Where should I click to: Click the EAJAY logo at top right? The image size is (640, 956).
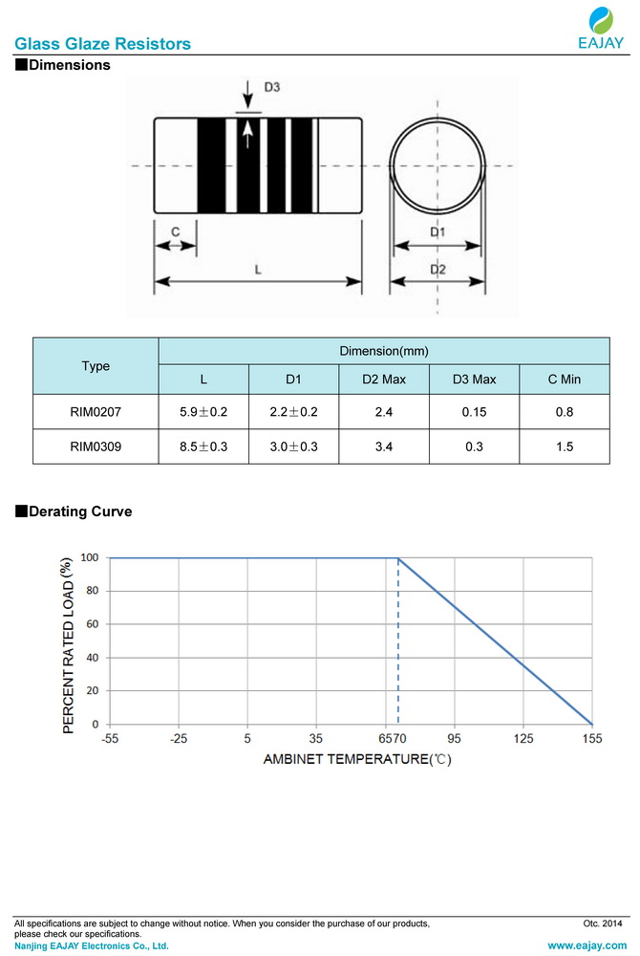[602, 29]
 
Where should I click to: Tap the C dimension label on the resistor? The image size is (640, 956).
[175, 232]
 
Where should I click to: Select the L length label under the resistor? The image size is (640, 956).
[258, 270]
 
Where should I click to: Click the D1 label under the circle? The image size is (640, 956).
[437, 232]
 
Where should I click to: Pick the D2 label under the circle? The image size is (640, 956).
[437, 270]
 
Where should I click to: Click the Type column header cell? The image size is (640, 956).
[96, 366]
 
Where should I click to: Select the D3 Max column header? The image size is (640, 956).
[474, 380]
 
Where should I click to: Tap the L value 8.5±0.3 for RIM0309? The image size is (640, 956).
[203, 446]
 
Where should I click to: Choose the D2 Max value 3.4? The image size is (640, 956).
[384, 446]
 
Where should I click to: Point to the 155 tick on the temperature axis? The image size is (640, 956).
[591, 739]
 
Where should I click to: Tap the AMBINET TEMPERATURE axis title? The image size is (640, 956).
[355, 760]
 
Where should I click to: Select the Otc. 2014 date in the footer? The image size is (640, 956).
[602, 923]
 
